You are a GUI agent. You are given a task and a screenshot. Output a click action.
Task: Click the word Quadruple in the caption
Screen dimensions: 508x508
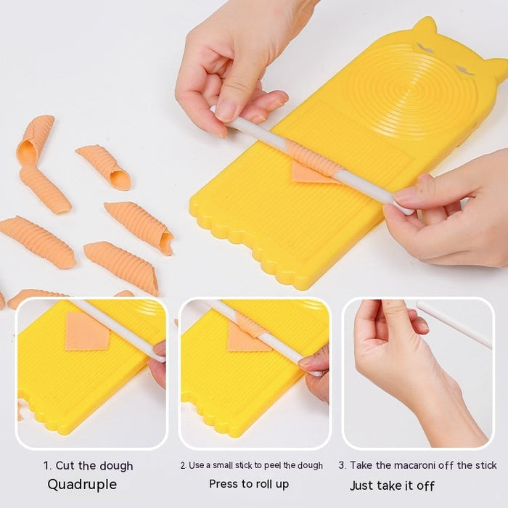(x=82, y=484)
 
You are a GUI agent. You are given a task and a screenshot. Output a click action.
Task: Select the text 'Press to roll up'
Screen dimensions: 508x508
(x=249, y=483)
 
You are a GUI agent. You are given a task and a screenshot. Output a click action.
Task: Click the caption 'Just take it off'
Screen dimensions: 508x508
(x=392, y=486)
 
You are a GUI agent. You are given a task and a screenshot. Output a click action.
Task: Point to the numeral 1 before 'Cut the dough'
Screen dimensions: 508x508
(x=46, y=466)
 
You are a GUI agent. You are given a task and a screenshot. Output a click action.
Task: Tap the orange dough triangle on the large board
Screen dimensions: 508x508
(x=308, y=173)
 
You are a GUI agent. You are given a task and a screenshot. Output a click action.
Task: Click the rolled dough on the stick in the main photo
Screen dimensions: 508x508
(x=314, y=159)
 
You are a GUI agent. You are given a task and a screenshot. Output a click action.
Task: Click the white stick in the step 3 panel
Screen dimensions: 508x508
(x=454, y=324)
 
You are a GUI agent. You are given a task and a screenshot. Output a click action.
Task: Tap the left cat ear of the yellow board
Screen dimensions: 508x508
(x=424, y=28)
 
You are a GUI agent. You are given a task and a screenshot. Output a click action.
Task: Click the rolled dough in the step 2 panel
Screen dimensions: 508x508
(x=250, y=324)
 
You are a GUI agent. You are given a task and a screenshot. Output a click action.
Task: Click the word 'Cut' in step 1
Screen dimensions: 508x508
(x=65, y=466)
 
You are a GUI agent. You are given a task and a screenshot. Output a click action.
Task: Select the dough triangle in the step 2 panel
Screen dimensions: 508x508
(x=242, y=338)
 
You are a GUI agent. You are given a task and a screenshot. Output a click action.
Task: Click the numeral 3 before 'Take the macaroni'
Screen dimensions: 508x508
(x=341, y=465)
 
